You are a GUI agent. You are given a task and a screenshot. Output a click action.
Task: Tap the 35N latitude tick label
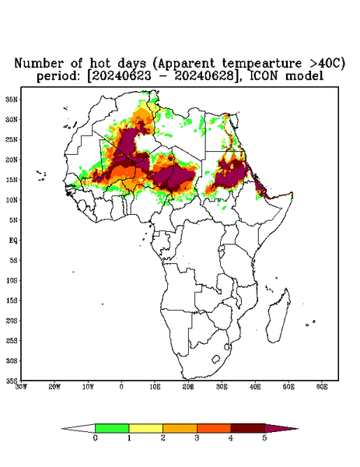[12, 99]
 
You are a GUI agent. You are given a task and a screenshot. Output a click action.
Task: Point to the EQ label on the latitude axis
[13, 240]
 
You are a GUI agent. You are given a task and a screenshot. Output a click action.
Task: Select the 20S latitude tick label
[12, 321]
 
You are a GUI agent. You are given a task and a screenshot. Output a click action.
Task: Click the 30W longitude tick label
[22, 387]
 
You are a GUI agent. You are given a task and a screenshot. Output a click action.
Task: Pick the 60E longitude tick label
[322, 387]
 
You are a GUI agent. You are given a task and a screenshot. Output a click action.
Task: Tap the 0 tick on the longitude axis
[121, 387]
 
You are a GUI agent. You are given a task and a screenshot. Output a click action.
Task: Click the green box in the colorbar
[112, 428]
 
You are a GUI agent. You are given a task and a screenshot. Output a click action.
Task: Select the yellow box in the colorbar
[145, 428]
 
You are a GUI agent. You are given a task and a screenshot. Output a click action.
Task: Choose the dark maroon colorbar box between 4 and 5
[248, 428]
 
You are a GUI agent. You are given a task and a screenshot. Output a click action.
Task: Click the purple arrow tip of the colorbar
[299, 429]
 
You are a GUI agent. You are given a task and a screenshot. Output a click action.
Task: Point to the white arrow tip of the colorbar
[61, 429]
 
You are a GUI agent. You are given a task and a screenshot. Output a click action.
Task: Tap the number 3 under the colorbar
[197, 438]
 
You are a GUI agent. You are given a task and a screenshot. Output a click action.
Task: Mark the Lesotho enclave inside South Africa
[216, 359]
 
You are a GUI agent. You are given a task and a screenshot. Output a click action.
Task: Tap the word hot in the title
[101, 63]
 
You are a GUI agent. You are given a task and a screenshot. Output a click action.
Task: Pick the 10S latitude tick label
[12, 280]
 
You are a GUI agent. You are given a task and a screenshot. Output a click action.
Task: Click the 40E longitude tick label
[255, 387]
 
